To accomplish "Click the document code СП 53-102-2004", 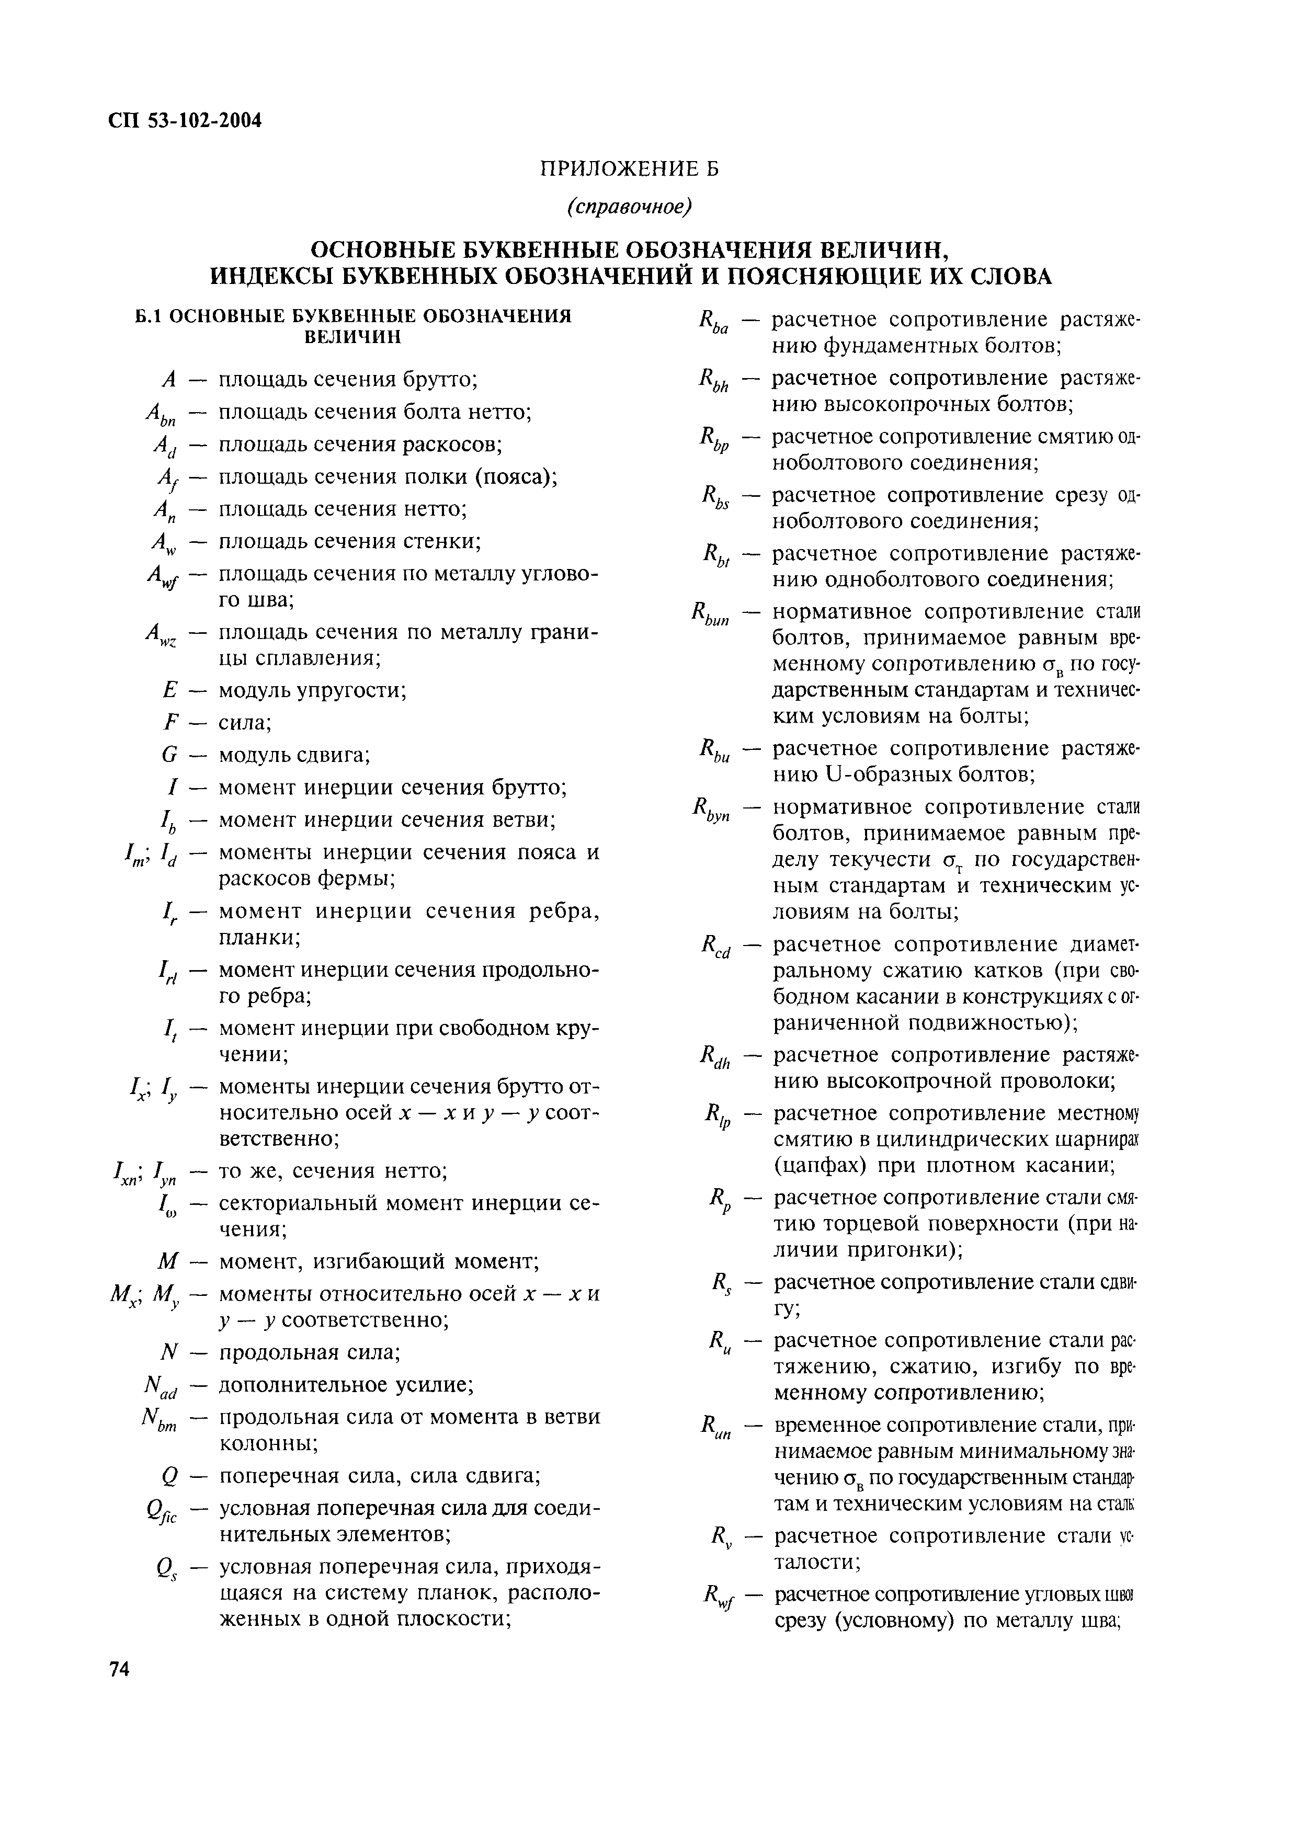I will click(x=185, y=121).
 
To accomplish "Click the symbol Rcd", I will click(x=715, y=948).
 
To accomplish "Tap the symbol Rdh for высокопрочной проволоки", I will click(x=715, y=1059).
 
